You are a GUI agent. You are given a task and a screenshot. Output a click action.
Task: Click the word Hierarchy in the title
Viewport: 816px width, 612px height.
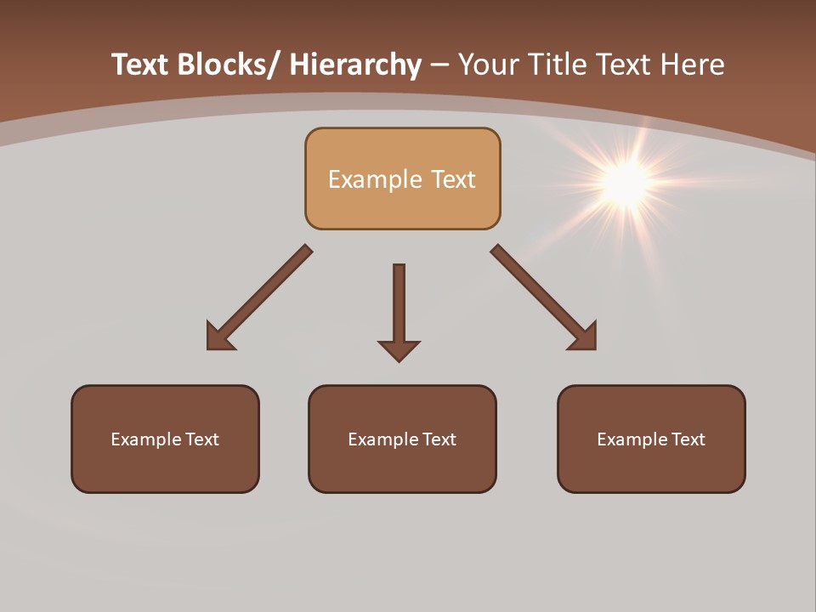(355, 65)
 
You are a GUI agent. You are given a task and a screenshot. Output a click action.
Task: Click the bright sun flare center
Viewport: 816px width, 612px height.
(626, 182)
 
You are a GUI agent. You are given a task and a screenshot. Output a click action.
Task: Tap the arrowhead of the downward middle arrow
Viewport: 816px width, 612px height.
(399, 349)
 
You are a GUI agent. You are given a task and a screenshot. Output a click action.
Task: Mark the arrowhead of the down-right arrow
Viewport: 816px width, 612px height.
(584, 337)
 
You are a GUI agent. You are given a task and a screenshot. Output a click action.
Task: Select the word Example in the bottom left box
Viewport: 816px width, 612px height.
(145, 439)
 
